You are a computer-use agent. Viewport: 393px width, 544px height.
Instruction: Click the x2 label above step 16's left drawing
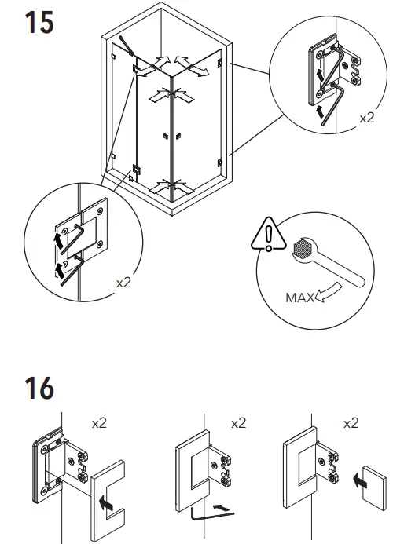pyautogui.click(x=100, y=423)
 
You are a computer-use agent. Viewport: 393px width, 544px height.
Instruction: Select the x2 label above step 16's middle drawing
pyautogui.click(x=239, y=423)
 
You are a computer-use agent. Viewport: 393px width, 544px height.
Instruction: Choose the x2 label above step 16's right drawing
pyautogui.click(x=350, y=423)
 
